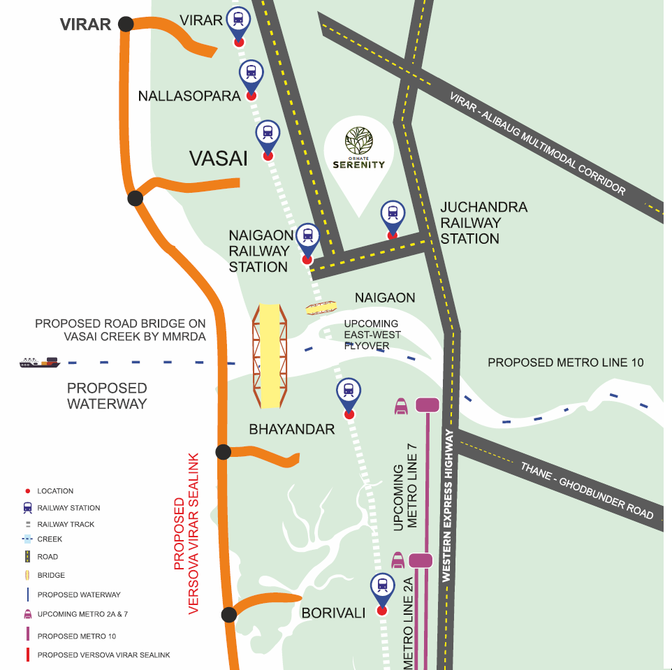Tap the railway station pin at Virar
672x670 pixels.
(x=239, y=21)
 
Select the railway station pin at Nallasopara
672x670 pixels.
(x=251, y=73)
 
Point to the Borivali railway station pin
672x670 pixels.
(x=382, y=588)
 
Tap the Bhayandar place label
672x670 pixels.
(x=292, y=429)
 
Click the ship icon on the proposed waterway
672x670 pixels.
(x=40, y=362)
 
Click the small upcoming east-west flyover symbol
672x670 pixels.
(x=321, y=307)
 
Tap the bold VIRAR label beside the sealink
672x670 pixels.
(x=85, y=24)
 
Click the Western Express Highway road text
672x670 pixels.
(x=448, y=507)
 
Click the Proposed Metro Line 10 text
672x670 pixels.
(x=565, y=362)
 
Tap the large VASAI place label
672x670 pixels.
(x=219, y=159)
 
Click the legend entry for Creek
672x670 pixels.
(x=49, y=539)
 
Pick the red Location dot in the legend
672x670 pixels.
(x=27, y=491)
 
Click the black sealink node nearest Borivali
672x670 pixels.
(x=228, y=615)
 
